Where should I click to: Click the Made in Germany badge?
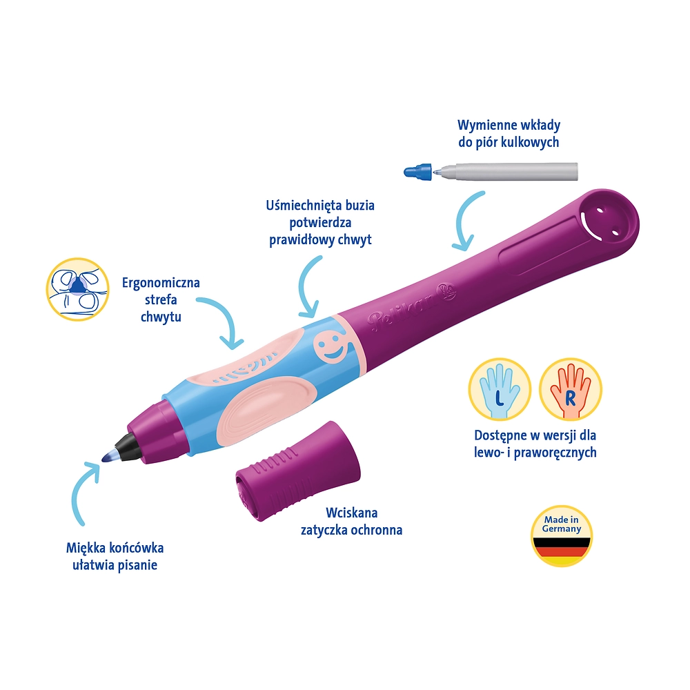tap(561, 536)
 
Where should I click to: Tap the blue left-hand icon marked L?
tap(500, 389)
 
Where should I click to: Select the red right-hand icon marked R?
tap(570, 389)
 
